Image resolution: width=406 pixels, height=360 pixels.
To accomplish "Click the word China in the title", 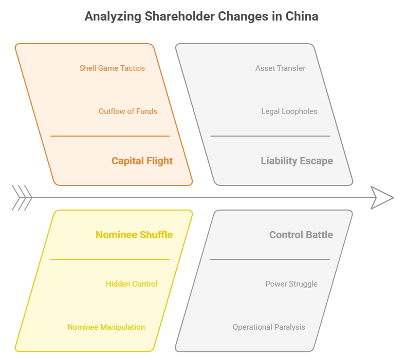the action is [302, 16].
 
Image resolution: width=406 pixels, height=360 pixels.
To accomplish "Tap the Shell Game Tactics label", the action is [112, 68].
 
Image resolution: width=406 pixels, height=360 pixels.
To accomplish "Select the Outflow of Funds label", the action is [128, 111].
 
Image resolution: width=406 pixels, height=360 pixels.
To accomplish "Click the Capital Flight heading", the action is [142, 161].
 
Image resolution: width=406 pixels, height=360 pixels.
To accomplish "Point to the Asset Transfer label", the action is [281, 68].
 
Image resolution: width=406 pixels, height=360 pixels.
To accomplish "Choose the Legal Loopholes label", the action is [289, 111].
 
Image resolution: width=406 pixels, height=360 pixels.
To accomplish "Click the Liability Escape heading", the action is [297, 161].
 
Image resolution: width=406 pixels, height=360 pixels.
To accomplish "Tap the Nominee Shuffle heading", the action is [134, 235].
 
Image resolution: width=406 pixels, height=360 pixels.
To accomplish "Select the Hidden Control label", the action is [132, 284].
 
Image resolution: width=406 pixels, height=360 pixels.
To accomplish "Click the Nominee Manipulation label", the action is [106, 327].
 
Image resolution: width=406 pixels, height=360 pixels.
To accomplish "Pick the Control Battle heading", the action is [301, 235].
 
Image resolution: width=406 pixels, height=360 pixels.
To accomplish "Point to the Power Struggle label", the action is [291, 284].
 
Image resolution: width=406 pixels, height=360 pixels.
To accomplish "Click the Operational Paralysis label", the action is [269, 327].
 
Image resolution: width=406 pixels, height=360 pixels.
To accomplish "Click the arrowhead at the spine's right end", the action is [382, 198].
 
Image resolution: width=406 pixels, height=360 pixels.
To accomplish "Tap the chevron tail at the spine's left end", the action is [22, 198].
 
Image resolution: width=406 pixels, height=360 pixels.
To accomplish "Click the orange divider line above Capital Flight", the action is [110, 136].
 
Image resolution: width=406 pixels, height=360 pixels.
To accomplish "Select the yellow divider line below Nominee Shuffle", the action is [110, 259].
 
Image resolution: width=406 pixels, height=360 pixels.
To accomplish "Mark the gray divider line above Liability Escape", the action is [270, 136].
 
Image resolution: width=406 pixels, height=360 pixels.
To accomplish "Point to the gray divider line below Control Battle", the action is [270, 259].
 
